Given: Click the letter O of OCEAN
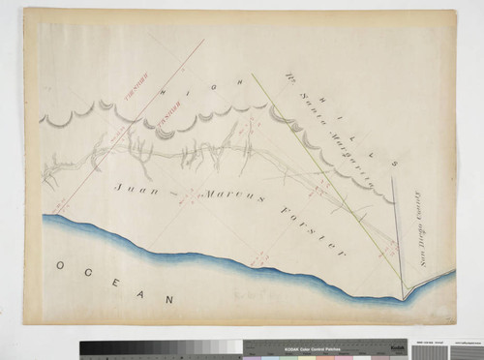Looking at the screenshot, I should [x=59, y=264].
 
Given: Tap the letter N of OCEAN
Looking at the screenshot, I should [x=170, y=299].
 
